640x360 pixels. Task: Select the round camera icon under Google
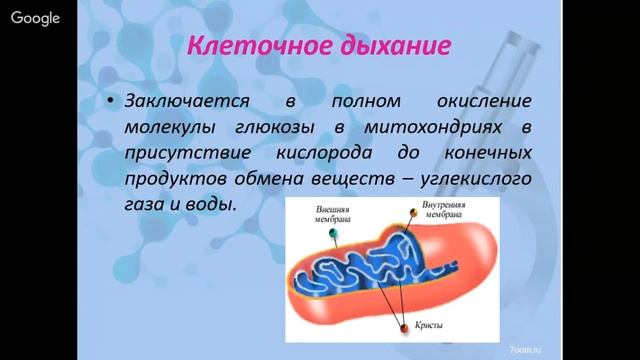point(21,57)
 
